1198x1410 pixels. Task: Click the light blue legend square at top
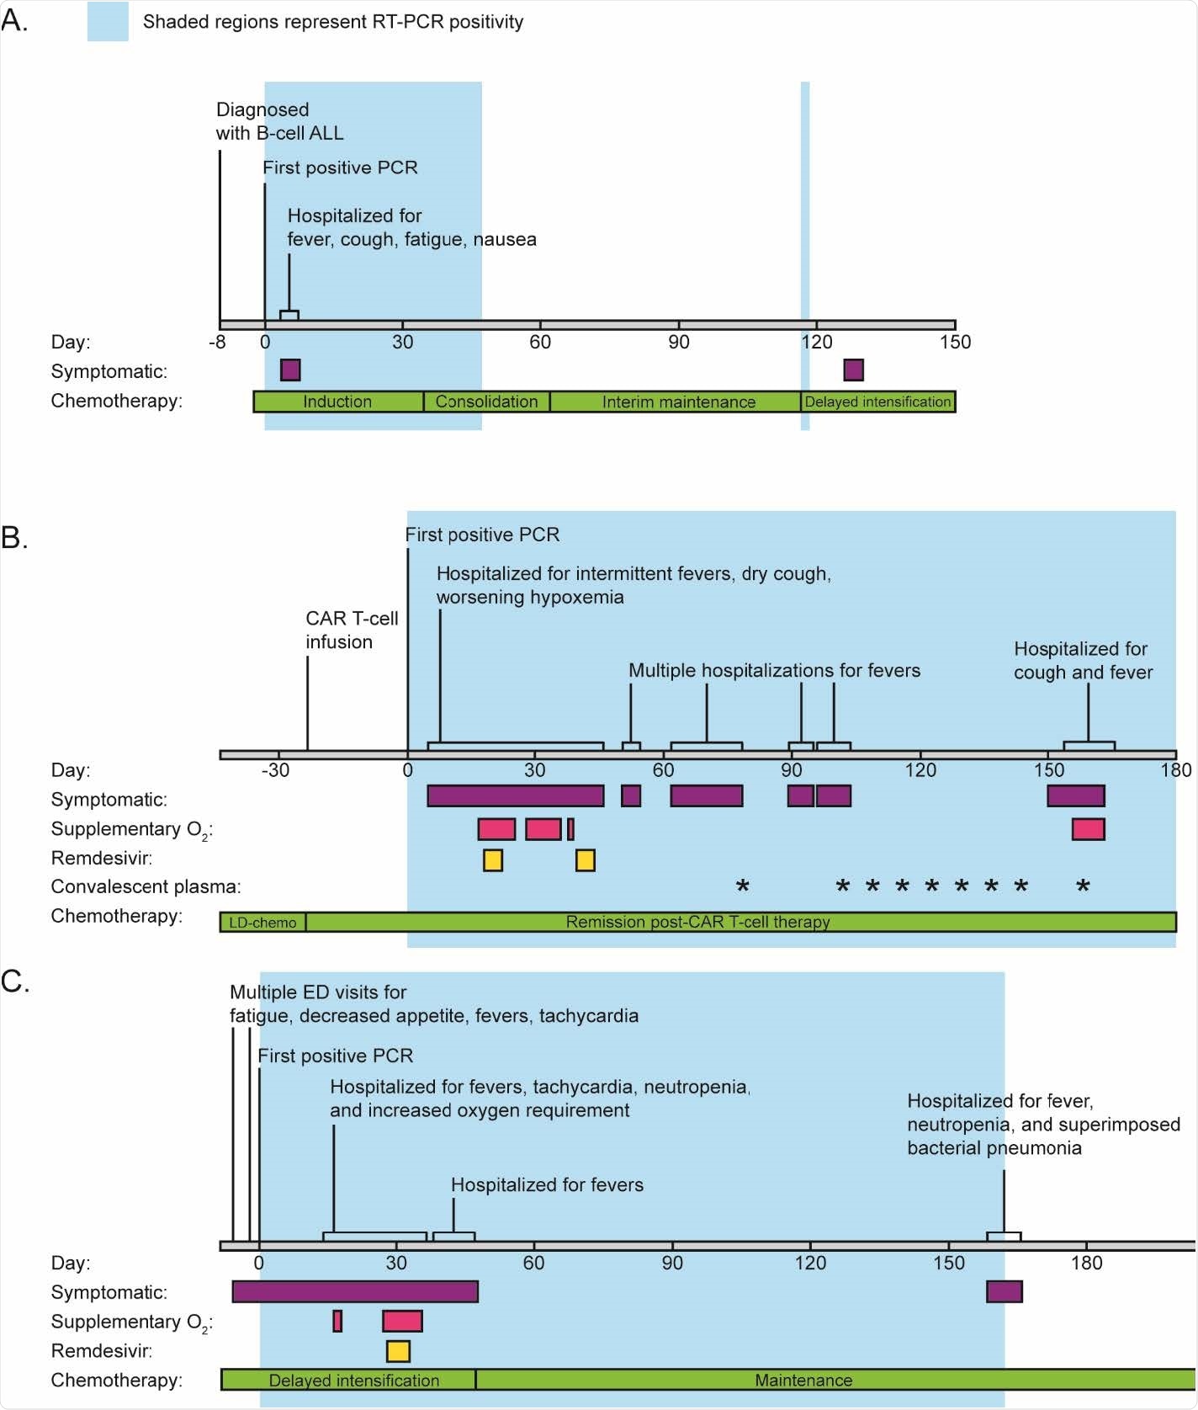click(x=108, y=22)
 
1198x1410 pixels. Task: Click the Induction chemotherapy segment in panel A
click(x=337, y=402)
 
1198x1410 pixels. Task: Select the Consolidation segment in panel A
click(x=486, y=402)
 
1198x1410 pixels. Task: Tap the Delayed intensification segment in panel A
click(x=877, y=402)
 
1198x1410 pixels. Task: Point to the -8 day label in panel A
click(x=218, y=342)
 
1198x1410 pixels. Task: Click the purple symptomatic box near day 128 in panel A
click(x=853, y=370)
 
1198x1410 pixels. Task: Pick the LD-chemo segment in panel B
click(x=262, y=922)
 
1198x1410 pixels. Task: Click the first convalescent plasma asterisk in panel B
click(x=742, y=886)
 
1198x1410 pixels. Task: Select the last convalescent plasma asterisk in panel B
click(x=1083, y=886)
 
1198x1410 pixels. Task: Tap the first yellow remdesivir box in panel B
click(x=493, y=859)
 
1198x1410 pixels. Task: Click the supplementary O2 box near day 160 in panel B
click(x=1088, y=829)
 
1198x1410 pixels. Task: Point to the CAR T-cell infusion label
click(x=352, y=630)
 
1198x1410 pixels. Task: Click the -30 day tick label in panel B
click(x=275, y=770)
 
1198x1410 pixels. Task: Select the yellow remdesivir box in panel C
click(x=398, y=1351)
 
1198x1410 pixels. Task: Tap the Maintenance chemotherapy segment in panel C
click(x=803, y=1380)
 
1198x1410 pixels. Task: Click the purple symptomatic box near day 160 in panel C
click(x=1005, y=1291)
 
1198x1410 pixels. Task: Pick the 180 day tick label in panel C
click(x=1086, y=1263)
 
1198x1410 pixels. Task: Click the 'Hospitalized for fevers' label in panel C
click(x=547, y=1184)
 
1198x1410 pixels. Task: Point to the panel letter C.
click(x=15, y=982)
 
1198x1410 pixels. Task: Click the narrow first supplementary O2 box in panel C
click(x=337, y=1321)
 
